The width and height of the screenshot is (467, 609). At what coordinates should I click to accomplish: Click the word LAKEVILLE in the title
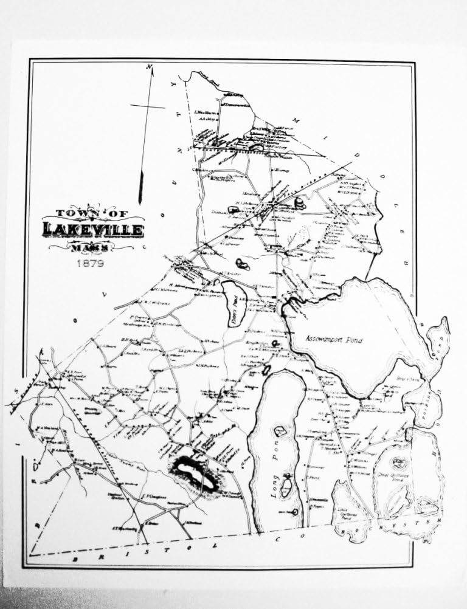tap(93, 230)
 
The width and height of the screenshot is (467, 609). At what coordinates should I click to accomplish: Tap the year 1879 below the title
tap(90, 264)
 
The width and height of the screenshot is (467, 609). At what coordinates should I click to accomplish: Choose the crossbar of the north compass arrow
tap(147, 107)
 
